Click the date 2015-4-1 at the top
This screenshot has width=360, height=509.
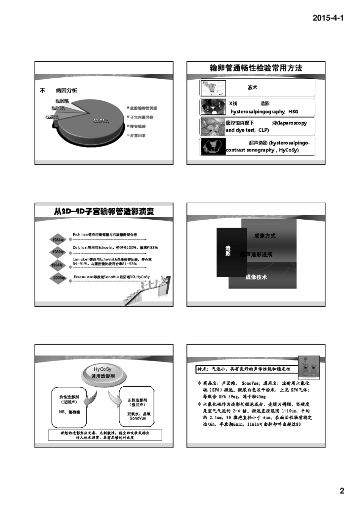328,18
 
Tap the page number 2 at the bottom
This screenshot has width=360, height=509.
341,491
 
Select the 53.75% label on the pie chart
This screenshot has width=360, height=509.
101,121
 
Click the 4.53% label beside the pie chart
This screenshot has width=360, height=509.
52,117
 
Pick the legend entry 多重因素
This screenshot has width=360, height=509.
138,136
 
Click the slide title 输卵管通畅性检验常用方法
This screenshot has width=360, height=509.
256,68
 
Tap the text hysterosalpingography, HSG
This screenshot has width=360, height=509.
264,112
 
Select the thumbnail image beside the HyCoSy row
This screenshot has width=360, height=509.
213,147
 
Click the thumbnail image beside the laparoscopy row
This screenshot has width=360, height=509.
213,127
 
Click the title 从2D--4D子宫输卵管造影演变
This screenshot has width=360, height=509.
104,211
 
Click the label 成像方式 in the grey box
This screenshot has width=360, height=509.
265,236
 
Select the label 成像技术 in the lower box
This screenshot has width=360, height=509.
256,277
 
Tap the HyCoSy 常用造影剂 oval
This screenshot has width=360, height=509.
103,373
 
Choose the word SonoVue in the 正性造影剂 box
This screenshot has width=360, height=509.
138,418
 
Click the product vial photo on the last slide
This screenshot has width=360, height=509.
309,367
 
